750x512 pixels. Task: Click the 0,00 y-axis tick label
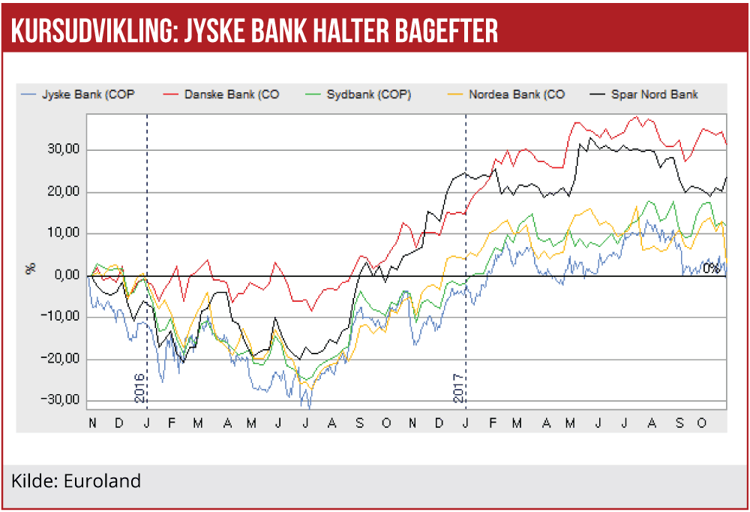(x=66, y=275)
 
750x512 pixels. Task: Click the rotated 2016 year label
(x=139, y=387)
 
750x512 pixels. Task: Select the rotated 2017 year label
(x=460, y=387)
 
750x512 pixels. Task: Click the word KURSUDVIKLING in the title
(x=91, y=30)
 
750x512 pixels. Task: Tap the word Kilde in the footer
(x=31, y=480)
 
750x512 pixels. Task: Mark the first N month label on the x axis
(x=92, y=424)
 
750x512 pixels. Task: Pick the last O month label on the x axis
(x=702, y=424)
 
